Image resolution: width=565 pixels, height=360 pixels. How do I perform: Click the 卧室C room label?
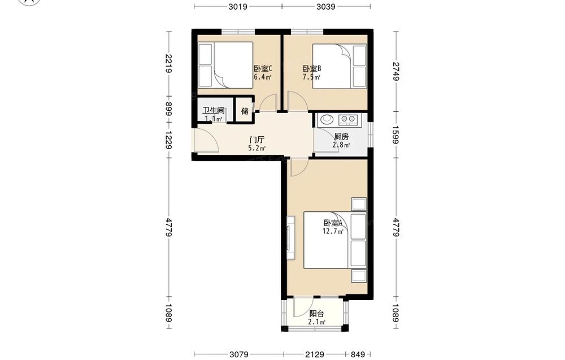263,68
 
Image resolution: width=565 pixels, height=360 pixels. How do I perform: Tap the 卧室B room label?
312,68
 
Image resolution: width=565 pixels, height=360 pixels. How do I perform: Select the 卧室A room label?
333,223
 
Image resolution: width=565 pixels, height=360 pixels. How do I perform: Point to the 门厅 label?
257,140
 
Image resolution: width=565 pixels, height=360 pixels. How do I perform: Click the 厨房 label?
341,137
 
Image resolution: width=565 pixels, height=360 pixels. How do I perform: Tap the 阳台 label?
317,314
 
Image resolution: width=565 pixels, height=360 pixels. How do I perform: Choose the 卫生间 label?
214,110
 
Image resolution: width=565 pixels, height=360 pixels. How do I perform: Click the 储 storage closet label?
245,111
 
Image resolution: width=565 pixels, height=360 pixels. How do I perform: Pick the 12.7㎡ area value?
333,231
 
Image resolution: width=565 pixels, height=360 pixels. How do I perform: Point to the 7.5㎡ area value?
312,77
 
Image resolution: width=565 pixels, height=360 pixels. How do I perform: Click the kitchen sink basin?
327,119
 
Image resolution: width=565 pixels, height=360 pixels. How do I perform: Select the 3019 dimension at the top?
238,6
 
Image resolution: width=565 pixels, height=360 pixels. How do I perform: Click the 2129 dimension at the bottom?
314,354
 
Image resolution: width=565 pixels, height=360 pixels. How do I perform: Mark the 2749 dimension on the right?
396,71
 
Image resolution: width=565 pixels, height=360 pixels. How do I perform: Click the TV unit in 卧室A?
291,237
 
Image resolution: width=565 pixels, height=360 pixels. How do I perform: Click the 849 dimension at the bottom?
358,354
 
